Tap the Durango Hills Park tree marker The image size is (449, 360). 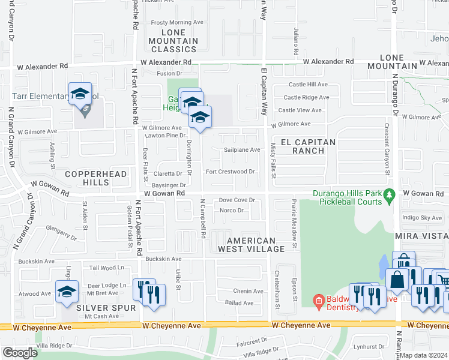(x=389, y=194)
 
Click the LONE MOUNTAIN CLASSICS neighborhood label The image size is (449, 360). (x=173, y=41)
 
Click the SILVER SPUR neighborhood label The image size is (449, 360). (x=101, y=307)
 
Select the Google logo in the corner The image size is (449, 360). (x=20, y=353)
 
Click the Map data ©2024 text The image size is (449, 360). (x=424, y=355)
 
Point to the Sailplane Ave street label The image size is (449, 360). (x=242, y=150)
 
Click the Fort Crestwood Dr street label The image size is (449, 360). (x=230, y=172)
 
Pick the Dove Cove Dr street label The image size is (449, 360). (x=237, y=200)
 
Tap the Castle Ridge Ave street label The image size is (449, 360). (x=306, y=97)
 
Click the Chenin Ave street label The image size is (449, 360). (x=249, y=291)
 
